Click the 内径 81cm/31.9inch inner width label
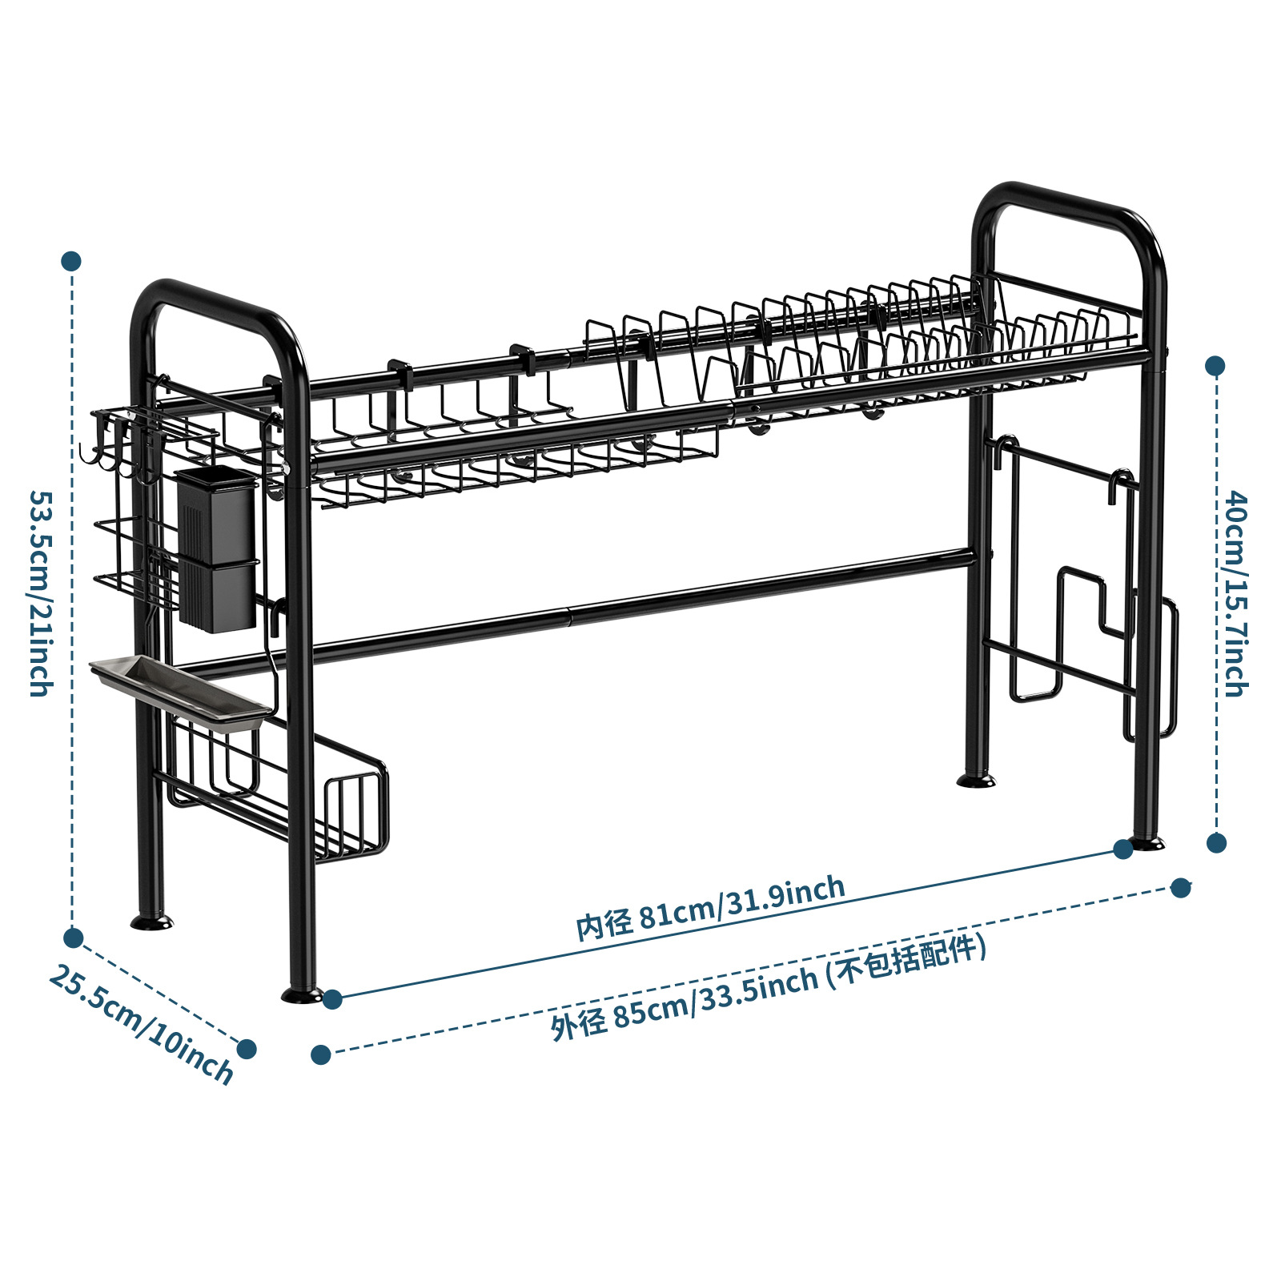[x=710, y=906]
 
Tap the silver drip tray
[x=180, y=693]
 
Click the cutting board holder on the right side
[x=1081, y=592]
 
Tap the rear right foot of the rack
[x=976, y=779]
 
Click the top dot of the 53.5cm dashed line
[x=71, y=261]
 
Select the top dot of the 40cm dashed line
[x=1215, y=367]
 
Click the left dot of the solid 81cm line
[x=332, y=998]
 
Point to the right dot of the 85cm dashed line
[x=1181, y=888]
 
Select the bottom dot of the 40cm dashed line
[x=1216, y=842]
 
